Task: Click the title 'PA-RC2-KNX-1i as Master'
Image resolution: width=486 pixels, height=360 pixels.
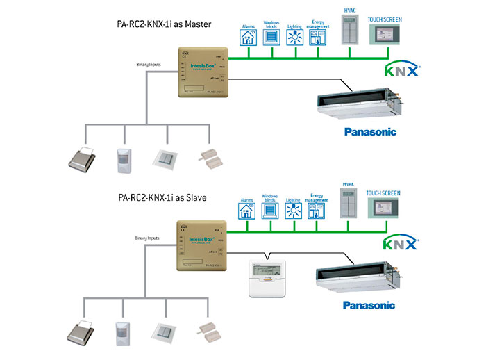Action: [163, 24]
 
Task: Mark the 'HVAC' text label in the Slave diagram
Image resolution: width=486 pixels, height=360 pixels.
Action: [348, 184]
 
